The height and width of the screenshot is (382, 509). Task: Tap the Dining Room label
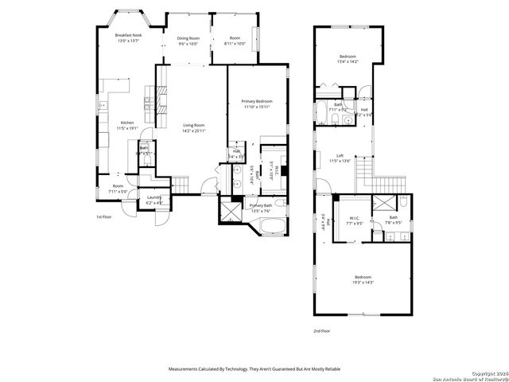click(x=188, y=38)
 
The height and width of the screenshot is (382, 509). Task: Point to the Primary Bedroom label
click(x=257, y=101)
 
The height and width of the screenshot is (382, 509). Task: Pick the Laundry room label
click(x=155, y=197)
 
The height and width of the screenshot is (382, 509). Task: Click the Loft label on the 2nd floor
click(x=340, y=156)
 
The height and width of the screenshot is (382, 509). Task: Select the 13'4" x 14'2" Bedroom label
click(x=348, y=57)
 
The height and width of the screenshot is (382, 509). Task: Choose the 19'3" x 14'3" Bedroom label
click(x=363, y=277)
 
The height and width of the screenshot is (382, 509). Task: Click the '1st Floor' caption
click(x=104, y=216)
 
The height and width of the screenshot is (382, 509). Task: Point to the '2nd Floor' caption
click(x=322, y=329)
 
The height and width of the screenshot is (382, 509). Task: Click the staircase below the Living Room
click(x=182, y=185)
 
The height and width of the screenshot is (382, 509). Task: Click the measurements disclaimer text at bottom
click(x=254, y=368)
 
